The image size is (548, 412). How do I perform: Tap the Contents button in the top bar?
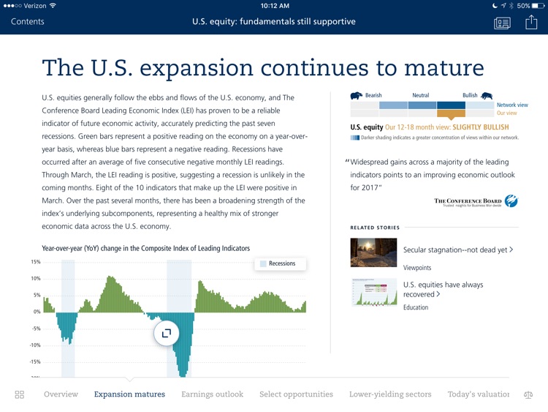point(28,21)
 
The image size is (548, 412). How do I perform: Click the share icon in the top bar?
point(531,22)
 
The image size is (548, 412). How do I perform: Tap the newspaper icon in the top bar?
point(502,23)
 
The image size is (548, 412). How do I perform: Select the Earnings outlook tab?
point(212,394)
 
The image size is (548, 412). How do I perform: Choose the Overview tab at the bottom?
point(61,394)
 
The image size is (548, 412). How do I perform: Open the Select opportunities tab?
point(296,394)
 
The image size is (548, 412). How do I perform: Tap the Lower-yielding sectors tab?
point(390,394)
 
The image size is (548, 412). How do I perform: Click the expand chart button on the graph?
point(167,333)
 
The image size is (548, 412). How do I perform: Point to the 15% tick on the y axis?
point(35,262)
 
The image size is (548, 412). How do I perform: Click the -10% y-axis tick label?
point(35,345)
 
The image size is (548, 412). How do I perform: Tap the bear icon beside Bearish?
point(357,95)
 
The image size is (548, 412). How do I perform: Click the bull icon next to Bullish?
point(486,95)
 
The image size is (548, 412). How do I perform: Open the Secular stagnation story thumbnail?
point(373,252)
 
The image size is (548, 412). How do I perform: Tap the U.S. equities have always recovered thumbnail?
point(373,291)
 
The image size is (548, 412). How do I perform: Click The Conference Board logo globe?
point(511,201)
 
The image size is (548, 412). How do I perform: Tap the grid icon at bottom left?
point(20,394)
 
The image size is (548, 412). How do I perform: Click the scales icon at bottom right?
point(528,394)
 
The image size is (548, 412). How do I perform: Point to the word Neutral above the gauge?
point(420,95)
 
